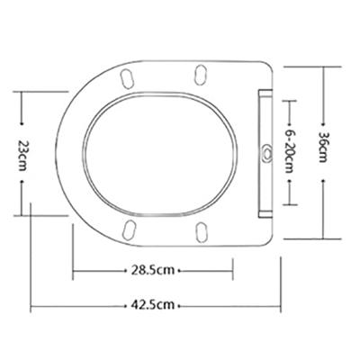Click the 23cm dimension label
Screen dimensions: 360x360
coord(22,154)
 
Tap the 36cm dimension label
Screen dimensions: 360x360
coord(322,147)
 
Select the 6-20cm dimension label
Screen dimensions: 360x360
coord(289,151)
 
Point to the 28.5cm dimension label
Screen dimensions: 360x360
coord(152,270)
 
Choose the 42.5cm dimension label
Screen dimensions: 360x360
coord(152,305)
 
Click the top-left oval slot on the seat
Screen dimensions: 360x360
coord(127,79)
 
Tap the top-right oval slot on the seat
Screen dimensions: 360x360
coord(200,75)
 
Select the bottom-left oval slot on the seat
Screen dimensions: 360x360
coord(130,229)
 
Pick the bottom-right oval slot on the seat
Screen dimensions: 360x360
coord(202,232)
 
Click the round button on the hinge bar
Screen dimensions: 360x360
coord(266,151)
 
